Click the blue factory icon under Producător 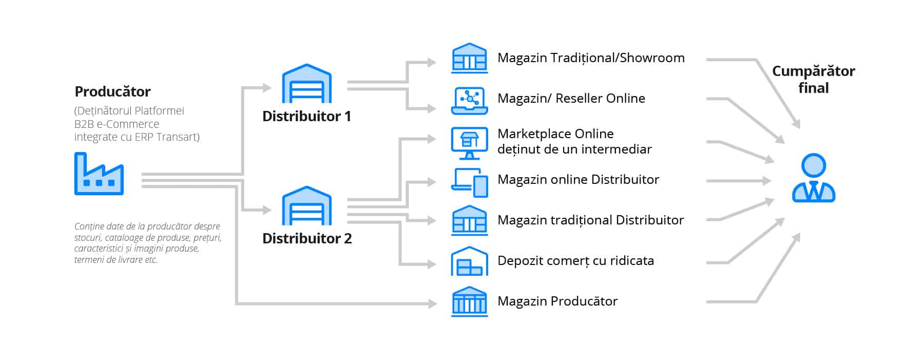click(99, 175)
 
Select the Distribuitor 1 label click(306, 117)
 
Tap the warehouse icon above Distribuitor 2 click(306, 206)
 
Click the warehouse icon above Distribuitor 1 click(306, 84)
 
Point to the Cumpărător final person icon click(813, 178)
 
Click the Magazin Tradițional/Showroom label click(591, 58)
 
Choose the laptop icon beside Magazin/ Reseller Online click(469, 101)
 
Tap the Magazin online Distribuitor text click(578, 180)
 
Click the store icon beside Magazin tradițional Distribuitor click(469, 221)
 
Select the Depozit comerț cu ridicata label click(575, 261)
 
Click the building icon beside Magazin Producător click(469, 301)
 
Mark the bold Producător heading click(112, 92)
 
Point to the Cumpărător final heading click(813, 79)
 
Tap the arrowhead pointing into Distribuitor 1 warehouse click(267, 88)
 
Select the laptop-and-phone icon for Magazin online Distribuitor click(469, 182)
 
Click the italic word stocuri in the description click(88, 238)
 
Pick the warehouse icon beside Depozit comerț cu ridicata click(469, 261)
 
